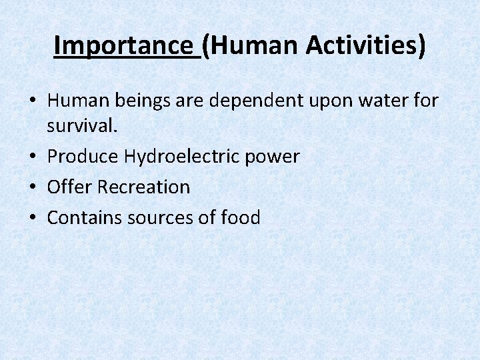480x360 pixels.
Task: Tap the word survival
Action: [82, 126]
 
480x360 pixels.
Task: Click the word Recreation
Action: [143, 187]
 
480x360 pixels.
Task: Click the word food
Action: [243, 217]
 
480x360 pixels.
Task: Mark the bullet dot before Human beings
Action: [32, 101]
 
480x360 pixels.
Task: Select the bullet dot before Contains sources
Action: [32, 218]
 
